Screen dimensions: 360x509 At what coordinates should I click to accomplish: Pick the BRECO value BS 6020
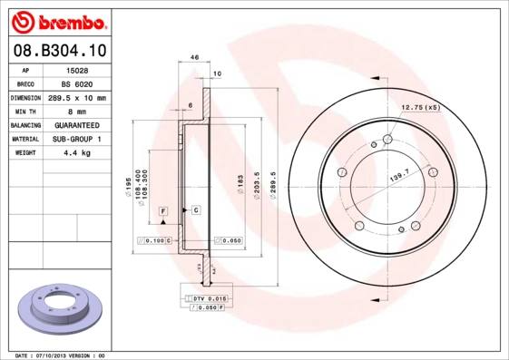76,83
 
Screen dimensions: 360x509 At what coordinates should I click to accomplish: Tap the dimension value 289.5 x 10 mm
76,97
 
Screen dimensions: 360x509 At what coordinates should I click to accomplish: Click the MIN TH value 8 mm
76,111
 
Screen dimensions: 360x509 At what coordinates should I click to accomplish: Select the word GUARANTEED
76,125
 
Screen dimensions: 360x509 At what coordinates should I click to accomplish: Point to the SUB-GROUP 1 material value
76,139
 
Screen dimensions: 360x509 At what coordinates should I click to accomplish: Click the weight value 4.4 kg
76,153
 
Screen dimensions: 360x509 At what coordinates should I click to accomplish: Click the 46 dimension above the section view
194,58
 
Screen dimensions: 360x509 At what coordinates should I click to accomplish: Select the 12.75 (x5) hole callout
419,108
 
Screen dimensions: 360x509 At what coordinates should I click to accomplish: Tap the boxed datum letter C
196,209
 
